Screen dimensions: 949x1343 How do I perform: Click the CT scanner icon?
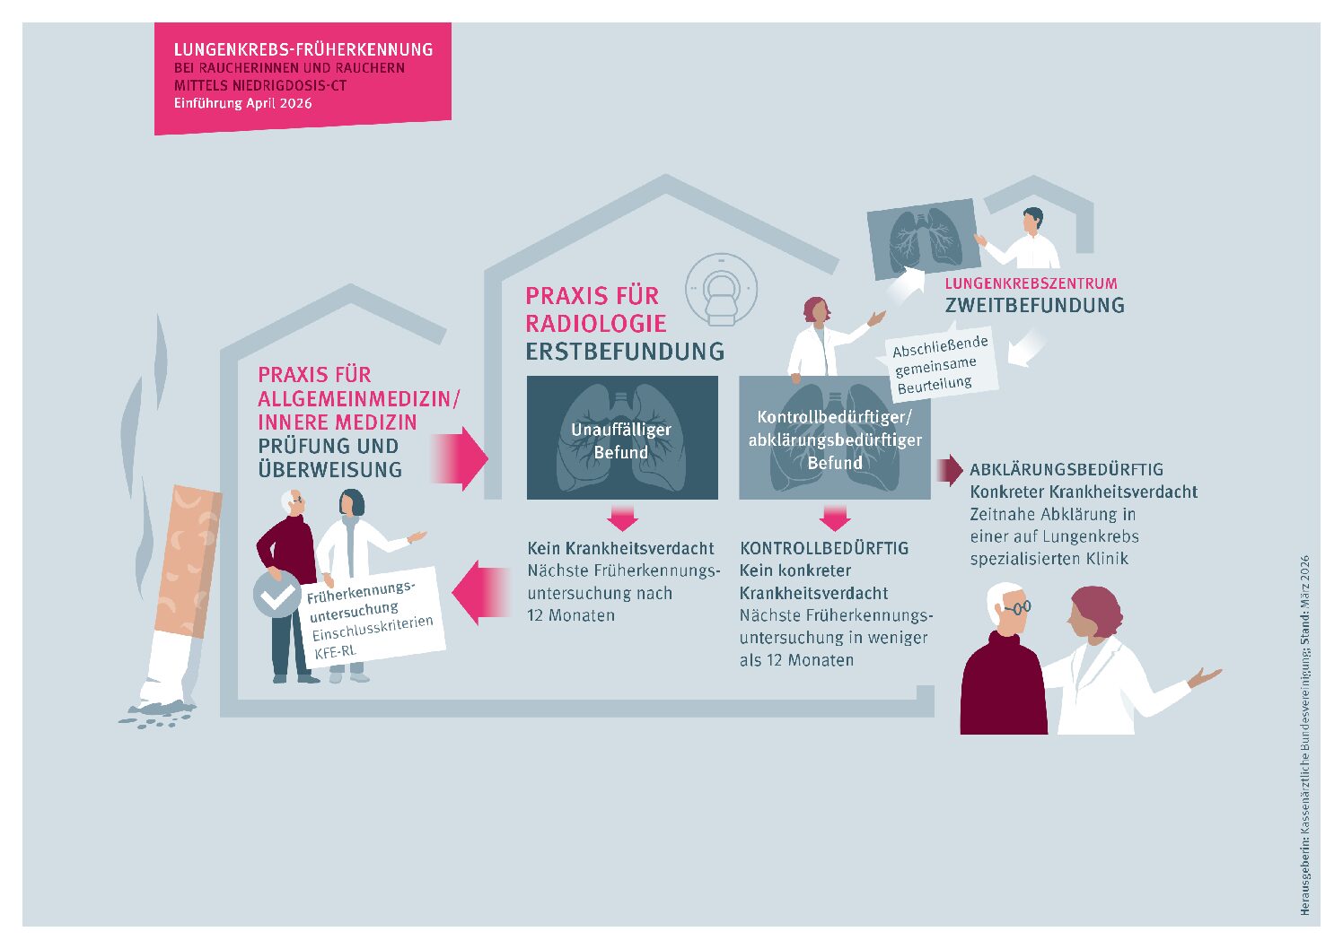click(721, 290)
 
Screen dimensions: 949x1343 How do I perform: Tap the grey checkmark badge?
click(277, 594)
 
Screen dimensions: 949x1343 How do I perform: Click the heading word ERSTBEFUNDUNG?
click(625, 352)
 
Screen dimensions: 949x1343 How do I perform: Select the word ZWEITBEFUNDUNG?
click(1034, 306)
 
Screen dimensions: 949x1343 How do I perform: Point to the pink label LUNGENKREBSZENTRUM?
click(1031, 283)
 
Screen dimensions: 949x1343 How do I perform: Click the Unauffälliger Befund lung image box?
click(622, 437)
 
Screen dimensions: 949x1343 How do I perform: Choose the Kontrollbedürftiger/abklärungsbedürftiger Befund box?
click(834, 438)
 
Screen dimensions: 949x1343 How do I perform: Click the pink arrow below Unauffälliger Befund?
click(622, 517)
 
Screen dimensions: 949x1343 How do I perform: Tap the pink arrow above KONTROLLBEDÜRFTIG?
click(834, 517)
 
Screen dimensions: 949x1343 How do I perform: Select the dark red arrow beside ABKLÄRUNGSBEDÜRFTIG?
click(949, 470)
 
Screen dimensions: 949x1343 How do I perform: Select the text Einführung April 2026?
click(243, 103)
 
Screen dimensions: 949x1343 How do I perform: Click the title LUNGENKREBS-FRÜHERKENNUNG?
click(303, 50)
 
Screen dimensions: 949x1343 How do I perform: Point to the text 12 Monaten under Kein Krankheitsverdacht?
click(571, 615)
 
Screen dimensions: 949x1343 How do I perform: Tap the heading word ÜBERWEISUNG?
click(329, 469)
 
